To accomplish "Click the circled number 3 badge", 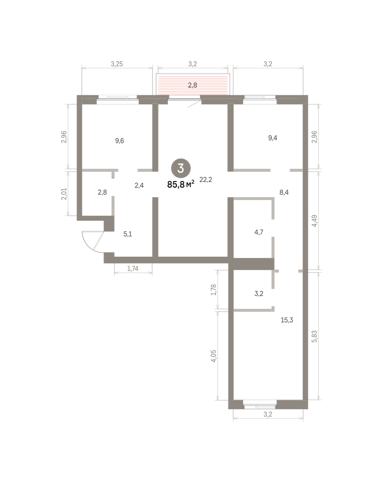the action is (x=181, y=168).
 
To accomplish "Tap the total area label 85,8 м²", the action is (x=181, y=184).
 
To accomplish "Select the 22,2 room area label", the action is (x=206, y=180).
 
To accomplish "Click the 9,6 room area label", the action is (x=120, y=141).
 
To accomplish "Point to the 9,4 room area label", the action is (x=272, y=138).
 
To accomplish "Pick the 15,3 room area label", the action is (x=287, y=320).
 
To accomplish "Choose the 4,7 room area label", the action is (x=259, y=232).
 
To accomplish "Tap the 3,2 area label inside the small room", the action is (x=259, y=294).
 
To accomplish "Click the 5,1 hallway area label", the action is (x=128, y=234).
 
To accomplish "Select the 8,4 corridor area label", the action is (x=284, y=192).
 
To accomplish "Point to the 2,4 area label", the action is (x=139, y=186).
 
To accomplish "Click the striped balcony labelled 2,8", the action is (x=193, y=85).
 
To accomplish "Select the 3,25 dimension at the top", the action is (x=117, y=64).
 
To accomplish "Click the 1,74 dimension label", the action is (x=133, y=268).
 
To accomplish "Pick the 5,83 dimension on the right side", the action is (x=315, y=336).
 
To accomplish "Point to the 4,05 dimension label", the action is (x=214, y=356).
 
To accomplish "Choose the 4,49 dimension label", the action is (x=315, y=221).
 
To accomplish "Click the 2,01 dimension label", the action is (x=64, y=194).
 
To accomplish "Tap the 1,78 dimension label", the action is (x=214, y=290).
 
